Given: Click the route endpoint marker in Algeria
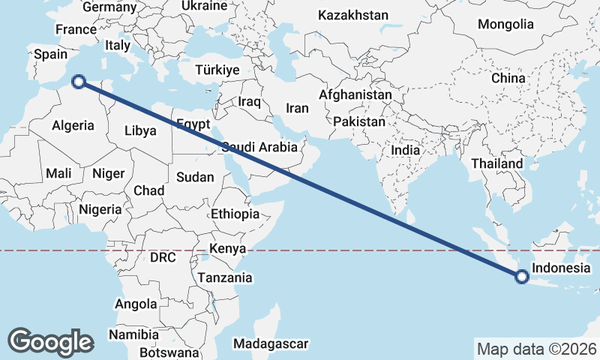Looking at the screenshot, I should [x=78, y=82].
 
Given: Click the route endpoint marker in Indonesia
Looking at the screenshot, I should [x=522, y=277].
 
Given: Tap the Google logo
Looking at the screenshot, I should [x=50, y=341].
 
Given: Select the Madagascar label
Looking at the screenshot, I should [x=271, y=343].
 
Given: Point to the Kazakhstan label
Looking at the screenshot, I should [x=353, y=15].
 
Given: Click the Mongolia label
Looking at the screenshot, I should [x=505, y=24].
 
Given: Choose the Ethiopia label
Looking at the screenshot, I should [x=235, y=214].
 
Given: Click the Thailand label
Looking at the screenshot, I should [x=496, y=163].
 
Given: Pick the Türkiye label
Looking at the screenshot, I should [x=217, y=70].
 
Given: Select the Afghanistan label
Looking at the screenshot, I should [x=355, y=95].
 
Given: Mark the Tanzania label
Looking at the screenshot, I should [x=225, y=277].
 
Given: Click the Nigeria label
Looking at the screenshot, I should [x=99, y=209].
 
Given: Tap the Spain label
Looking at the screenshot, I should [x=51, y=54].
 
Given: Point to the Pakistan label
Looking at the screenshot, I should [x=359, y=121].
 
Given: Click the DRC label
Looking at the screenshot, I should [x=163, y=257].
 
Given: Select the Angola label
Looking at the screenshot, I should [x=136, y=304].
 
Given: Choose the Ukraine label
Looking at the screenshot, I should [x=204, y=6].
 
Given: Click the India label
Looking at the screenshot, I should [x=406, y=150].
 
